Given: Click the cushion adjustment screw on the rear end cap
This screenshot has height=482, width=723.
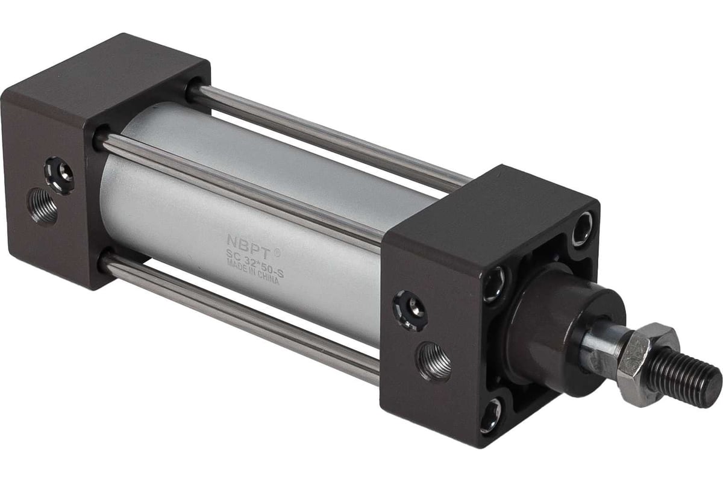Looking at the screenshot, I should tap(60, 175).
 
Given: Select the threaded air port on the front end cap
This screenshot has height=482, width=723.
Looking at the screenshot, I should tap(434, 360).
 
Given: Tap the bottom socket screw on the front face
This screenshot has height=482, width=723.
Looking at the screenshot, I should tap(492, 415).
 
